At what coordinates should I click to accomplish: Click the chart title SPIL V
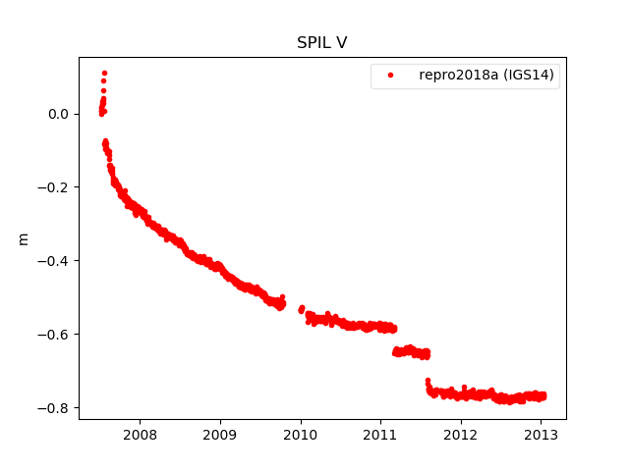click(x=321, y=43)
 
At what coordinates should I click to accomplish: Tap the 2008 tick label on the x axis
click(x=141, y=435)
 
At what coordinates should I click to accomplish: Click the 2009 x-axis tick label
click(x=220, y=435)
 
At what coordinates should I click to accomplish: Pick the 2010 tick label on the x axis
click(x=301, y=435)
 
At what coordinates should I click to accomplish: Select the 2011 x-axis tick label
click(x=380, y=435)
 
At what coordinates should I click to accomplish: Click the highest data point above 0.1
click(x=104, y=73)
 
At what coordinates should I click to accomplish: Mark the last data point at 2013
click(x=543, y=395)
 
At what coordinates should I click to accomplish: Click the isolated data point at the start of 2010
click(x=302, y=308)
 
